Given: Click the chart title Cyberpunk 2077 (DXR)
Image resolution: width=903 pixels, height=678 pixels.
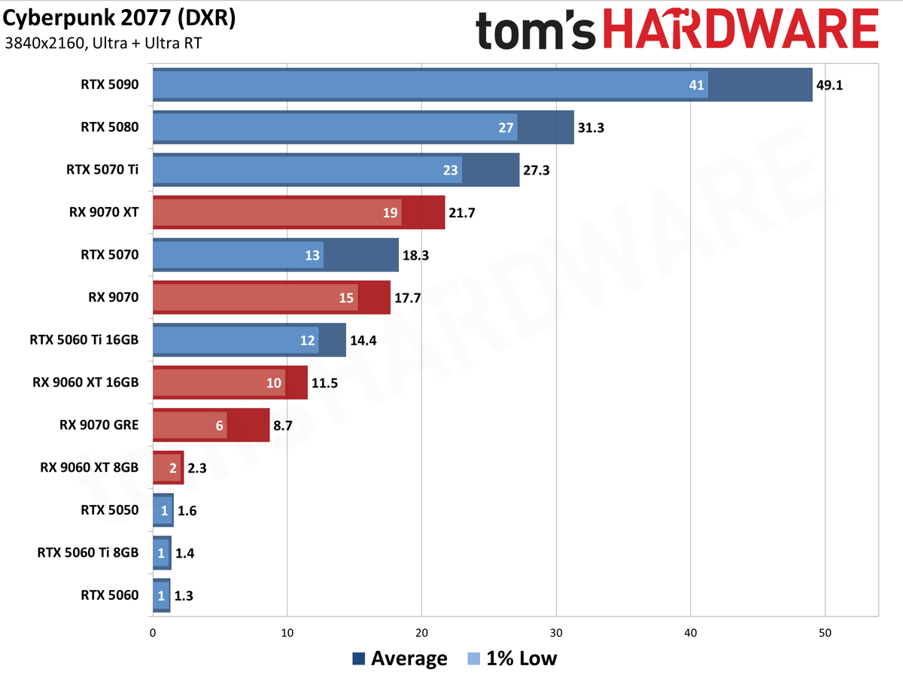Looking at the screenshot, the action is (x=120, y=19).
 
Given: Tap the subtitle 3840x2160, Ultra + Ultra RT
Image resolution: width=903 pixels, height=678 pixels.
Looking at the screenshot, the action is (x=103, y=44).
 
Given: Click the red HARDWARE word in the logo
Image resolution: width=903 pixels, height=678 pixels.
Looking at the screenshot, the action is (x=741, y=29).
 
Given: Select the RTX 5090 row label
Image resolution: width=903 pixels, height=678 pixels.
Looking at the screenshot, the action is (x=109, y=84).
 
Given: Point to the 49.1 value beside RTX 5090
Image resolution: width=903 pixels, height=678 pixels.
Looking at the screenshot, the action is (x=829, y=85).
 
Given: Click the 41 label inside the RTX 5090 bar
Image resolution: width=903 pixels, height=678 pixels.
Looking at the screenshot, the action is (x=696, y=85).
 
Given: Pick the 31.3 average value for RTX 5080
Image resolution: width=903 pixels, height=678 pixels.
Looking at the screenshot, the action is (x=591, y=127).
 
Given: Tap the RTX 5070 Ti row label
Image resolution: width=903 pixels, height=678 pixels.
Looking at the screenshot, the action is (x=102, y=169).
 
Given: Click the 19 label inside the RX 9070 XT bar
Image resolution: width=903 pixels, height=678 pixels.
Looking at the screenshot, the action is (x=390, y=213).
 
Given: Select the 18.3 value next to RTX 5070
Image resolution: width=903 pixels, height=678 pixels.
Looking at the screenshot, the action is (x=415, y=256).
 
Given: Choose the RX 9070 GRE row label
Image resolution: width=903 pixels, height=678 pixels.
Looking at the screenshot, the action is (x=99, y=424).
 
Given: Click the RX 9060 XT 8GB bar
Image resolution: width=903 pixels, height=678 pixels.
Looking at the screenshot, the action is (x=169, y=467).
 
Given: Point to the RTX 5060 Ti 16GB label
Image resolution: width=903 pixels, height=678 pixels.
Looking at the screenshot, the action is (x=84, y=340).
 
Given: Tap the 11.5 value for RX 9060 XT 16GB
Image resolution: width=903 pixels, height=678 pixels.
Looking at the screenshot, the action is (x=324, y=383).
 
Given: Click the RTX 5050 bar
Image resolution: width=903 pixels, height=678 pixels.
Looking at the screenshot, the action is (x=163, y=510).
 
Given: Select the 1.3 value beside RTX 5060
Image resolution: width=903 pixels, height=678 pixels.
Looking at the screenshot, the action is (x=184, y=596).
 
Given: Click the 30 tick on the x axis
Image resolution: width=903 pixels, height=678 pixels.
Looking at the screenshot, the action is (x=556, y=633).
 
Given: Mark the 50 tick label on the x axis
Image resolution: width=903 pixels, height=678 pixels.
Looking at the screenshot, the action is (x=825, y=633).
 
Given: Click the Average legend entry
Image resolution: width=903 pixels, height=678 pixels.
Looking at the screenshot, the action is (x=400, y=658).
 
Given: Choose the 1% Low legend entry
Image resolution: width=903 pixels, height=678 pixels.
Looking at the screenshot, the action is (x=512, y=658).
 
